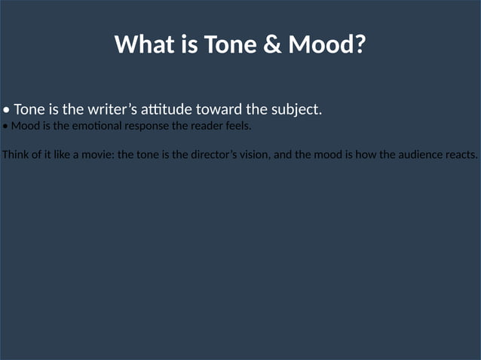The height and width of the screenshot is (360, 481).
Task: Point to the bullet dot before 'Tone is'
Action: (x=7, y=110)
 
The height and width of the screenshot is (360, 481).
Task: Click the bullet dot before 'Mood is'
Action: (x=5, y=127)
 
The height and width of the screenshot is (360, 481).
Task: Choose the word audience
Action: (x=416, y=156)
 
